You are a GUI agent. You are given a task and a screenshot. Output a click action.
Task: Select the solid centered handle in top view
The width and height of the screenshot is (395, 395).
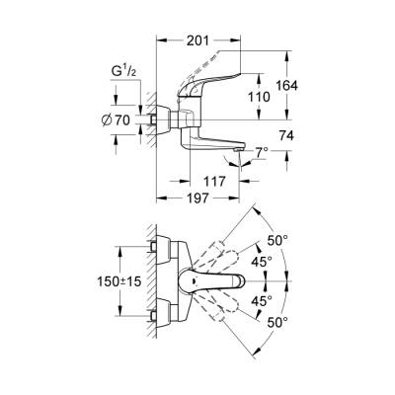(219, 280)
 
